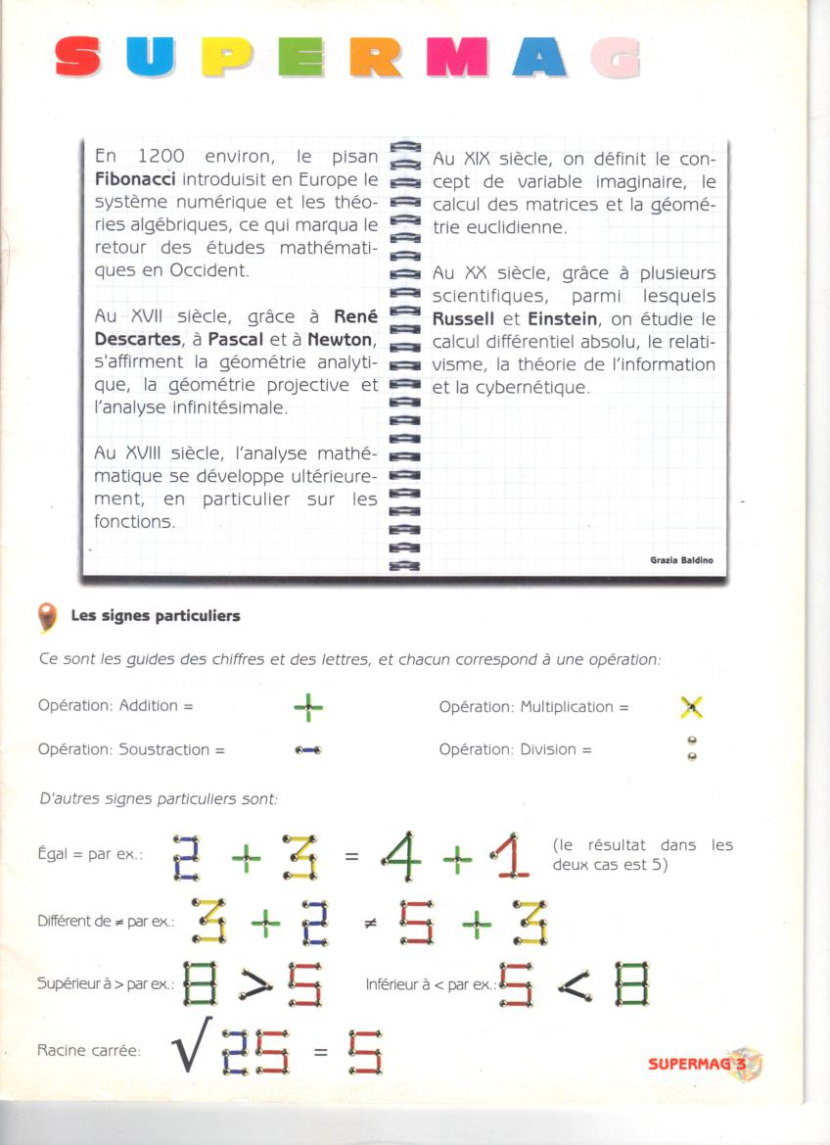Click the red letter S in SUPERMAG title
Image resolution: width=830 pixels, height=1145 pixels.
[x=78, y=57]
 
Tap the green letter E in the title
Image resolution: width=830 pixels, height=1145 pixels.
[x=300, y=57]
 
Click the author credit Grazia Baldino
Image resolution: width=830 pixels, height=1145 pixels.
[x=681, y=560]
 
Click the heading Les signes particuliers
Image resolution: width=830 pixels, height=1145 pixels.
[x=155, y=616]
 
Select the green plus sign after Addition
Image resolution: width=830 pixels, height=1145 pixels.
[x=308, y=706]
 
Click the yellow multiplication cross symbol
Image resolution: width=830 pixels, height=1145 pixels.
[x=691, y=706]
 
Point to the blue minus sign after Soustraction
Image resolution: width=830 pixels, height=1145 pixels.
[x=308, y=750]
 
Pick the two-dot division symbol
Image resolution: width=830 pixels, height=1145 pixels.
[x=692, y=749]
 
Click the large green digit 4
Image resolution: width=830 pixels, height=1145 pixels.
[x=401, y=857]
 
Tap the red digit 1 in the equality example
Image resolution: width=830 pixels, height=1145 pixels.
[x=510, y=857]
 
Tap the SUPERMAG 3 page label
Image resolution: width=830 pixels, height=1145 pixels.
[x=703, y=1063]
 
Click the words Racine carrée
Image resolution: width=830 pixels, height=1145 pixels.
[x=88, y=1051]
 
